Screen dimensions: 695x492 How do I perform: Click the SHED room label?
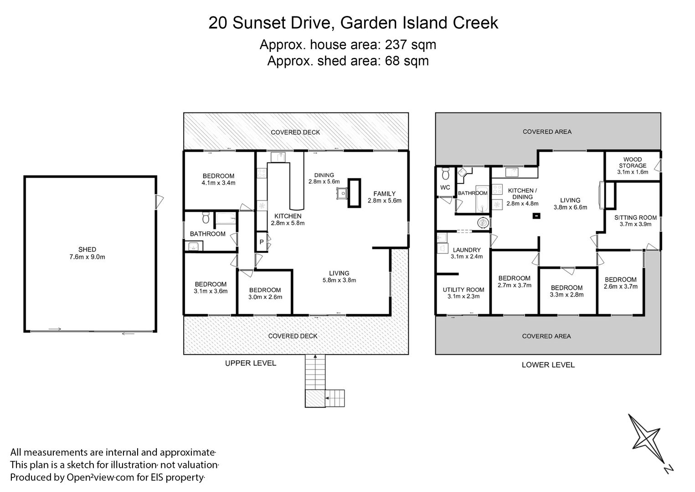[x=87, y=249]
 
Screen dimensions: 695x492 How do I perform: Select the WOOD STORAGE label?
[x=633, y=163]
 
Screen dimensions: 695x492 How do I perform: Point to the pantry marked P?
[x=262, y=242]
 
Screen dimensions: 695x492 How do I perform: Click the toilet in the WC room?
[x=446, y=174]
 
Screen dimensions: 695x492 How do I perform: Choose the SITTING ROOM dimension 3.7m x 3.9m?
[x=635, y=224]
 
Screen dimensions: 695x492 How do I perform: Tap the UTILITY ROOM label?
[x=463, y=290]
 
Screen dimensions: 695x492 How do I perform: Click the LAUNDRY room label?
[x=467, y=250]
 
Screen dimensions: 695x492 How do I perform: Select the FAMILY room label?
[x=385, y=194]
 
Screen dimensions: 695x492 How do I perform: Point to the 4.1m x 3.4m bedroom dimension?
[x=218, y=183]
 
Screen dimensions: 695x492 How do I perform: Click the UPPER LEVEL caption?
[x=251, y=363]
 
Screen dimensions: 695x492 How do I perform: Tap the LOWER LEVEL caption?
[x=548, y=365]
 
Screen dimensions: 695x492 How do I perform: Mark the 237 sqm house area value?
[x=411, y=45]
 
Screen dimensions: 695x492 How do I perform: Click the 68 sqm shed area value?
[x=407, y=61]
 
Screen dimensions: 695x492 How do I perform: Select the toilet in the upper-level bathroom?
[x=206, y=218]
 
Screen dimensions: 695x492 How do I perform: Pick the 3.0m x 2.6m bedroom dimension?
[x=265, y=297]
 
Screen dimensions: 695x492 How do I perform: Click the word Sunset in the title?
[x=259, y=23]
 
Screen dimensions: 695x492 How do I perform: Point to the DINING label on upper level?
[x=324, y=175]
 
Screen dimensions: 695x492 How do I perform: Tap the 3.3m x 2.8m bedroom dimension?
[x=567, y=295]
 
